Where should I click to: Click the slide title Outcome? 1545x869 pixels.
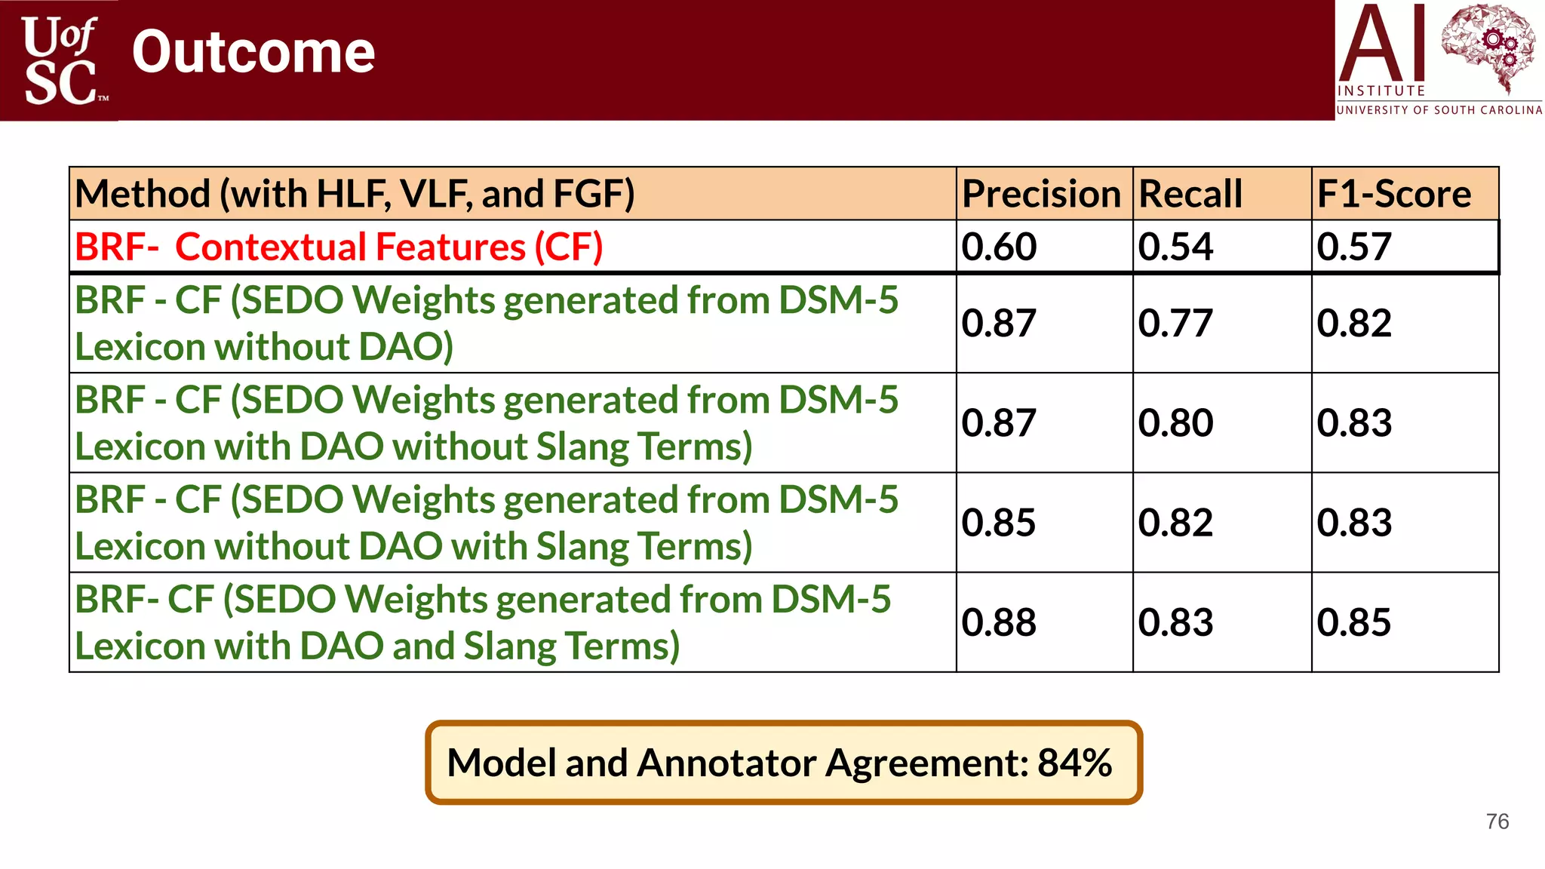pos(253,53)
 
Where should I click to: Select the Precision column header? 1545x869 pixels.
pos(1041,194)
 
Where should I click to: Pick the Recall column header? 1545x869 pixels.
pos(1190,194)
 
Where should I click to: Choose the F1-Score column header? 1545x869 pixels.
pos(1394,194)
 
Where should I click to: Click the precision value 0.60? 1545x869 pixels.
pos(1000,247)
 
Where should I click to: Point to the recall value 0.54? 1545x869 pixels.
pos(1175,247)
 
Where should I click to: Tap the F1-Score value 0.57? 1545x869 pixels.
pos(1354,247)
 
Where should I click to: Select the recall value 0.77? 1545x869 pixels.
pos(1175,324)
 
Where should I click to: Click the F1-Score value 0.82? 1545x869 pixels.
pos(1354,324)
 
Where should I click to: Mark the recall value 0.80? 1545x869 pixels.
pos(1175,423)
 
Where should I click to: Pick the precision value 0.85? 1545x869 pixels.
pos(1000,523)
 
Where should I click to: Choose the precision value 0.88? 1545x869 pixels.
pos(1000,622)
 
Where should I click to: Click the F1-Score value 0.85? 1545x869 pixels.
pos(1354,622)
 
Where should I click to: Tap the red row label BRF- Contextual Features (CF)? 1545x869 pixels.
pos(339,247)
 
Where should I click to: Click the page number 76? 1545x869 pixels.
pos(1497,821)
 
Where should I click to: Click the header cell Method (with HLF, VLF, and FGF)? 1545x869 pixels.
pos(355,194)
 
